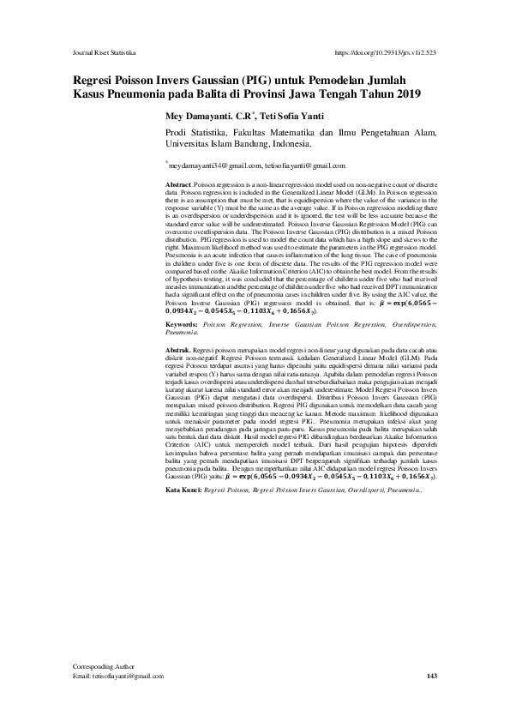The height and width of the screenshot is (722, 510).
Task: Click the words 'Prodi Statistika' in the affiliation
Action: (x=194, y=134)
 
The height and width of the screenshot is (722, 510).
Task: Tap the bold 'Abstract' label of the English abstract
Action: (x=178, y=185)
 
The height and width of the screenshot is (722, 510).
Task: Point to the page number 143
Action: (x=431, y=676)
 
